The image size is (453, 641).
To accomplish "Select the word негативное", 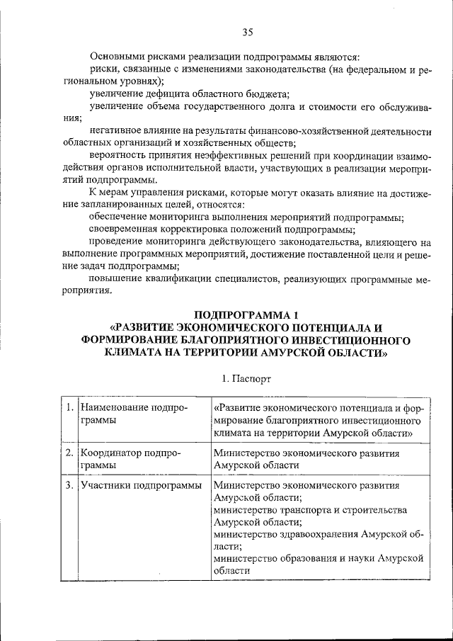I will (x=116, y=132).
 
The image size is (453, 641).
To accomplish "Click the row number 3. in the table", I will (x=69, y=486).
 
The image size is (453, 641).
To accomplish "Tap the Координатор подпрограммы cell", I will (x=134, y=460).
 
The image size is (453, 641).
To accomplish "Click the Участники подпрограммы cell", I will (x=141, y=486).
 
